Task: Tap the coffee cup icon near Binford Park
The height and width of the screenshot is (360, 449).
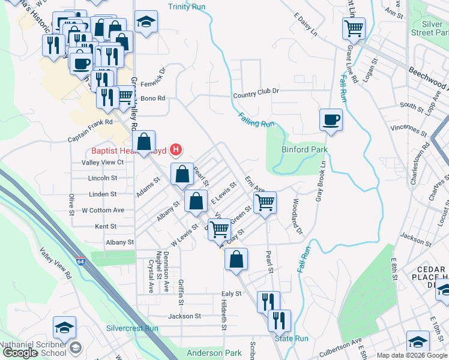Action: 331,119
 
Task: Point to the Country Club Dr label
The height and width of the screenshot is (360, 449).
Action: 256,91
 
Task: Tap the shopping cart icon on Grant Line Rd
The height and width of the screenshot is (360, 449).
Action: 354,28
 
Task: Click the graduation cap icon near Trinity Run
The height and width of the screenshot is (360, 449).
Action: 145,22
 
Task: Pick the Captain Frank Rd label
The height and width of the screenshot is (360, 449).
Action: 90,122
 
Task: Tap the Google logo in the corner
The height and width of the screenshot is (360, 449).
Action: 20,352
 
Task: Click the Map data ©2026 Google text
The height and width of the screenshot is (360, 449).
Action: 412,355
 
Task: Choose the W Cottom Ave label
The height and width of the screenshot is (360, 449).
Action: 103,210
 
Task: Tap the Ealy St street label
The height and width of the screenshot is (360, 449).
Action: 231,294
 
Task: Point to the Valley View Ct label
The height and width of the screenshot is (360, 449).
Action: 102,162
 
